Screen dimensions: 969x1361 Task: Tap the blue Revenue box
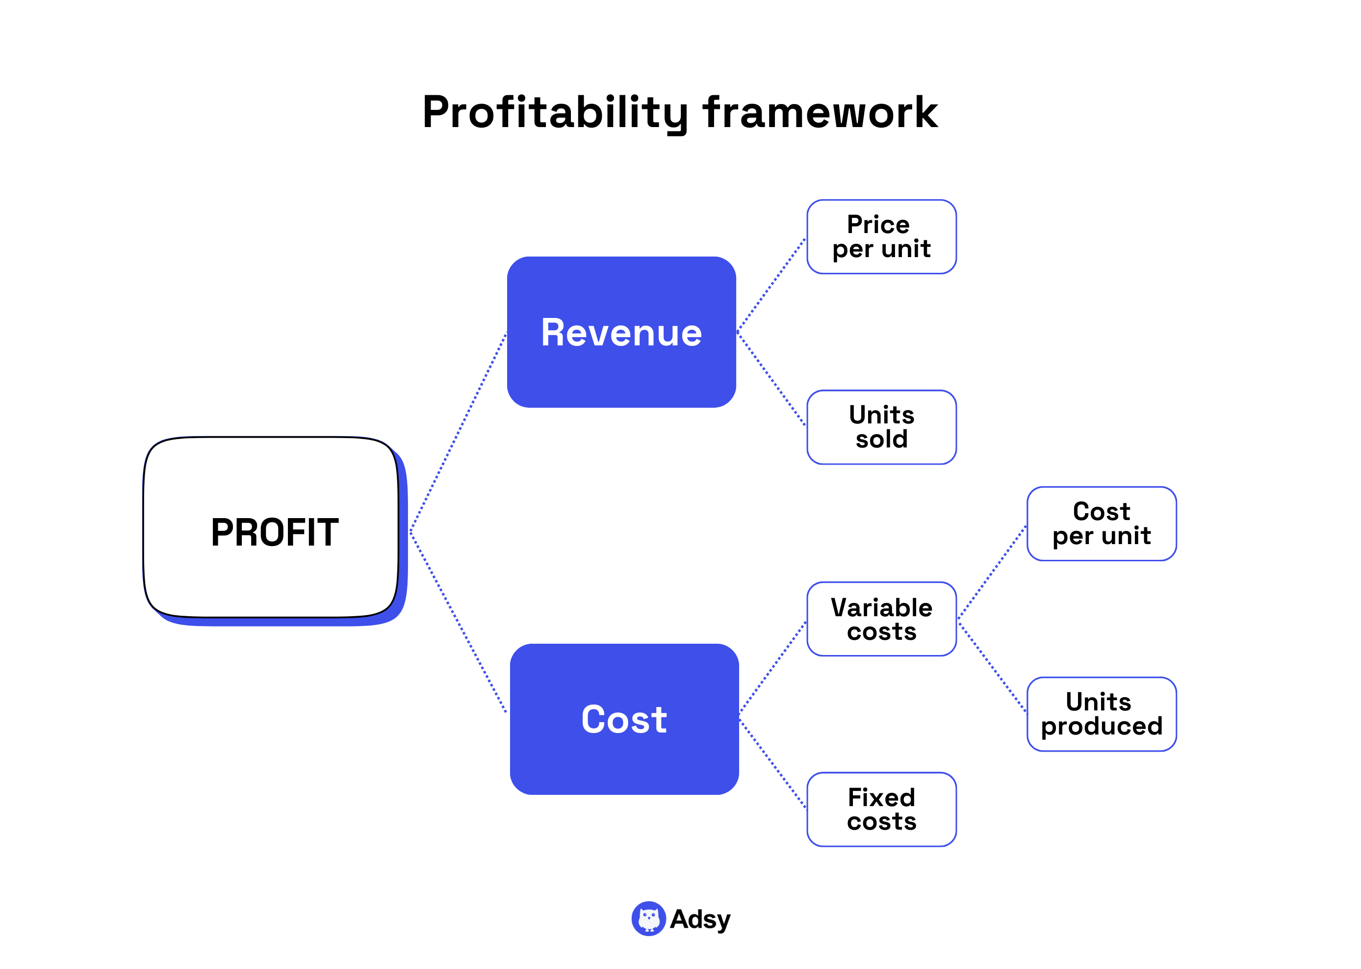coord(621,332)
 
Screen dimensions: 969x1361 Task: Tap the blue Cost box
coord(624,718)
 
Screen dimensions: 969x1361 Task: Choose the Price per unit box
coord(881,237)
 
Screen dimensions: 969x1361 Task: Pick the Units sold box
coord(881,427)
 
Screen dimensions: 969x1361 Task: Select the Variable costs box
coord(881,619)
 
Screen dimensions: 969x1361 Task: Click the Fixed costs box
coord(881,809)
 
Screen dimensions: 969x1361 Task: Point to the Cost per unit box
coord(1101,524)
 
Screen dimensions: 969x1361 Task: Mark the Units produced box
coord(1101,713)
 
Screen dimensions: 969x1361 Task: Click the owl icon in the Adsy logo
coord(648,918)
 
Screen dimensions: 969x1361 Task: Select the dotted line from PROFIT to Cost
coord(458,622)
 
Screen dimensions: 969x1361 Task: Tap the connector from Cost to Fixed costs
coord(773,764)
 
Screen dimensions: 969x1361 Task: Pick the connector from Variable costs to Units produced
coord(992,667)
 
